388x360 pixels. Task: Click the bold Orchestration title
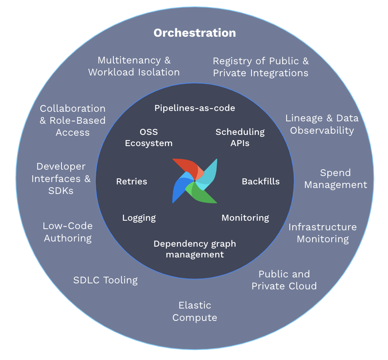coord(194,33)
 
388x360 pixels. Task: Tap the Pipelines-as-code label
coord(195,108)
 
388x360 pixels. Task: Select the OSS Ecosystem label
coord(148,138)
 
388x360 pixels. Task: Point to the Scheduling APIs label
coord(240,138)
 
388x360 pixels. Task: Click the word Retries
coord(132,182)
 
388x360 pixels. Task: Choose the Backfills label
coord(261,182)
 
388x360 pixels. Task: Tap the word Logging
coord(139,218)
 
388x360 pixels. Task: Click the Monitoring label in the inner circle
coord(245,218)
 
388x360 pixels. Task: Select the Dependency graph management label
coord(195,249)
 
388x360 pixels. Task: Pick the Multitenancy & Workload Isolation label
coord(134,66)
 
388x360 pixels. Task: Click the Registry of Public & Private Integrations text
coord(261,67)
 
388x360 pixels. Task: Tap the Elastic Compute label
coord(195,311)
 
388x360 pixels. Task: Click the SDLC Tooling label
coord(105,280)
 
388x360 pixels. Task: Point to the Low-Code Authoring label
coord(68,232)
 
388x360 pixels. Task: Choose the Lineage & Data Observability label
coord(322,124)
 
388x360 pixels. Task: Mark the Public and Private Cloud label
coord(284,280)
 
